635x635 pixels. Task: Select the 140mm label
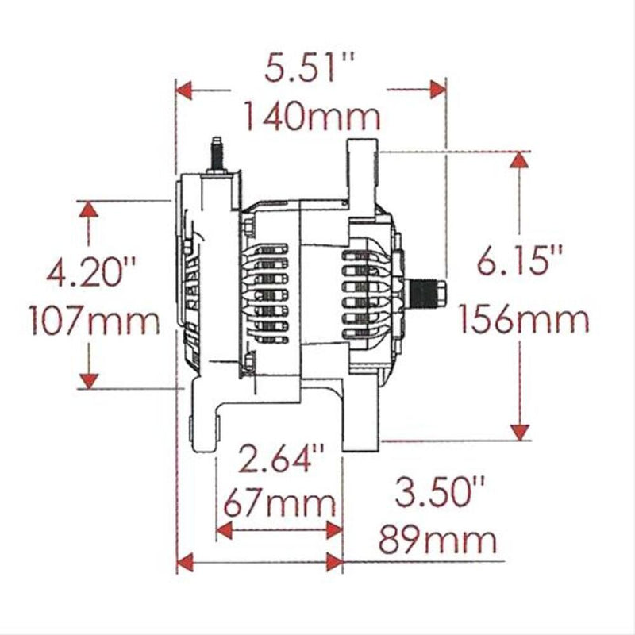310,117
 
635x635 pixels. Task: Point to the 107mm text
94,321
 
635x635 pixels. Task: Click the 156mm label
523,321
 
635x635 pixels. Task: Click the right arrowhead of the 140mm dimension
435,90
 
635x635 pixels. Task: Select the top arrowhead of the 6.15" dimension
520,160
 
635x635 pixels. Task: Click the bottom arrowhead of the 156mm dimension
520,431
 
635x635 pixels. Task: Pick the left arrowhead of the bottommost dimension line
185,563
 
